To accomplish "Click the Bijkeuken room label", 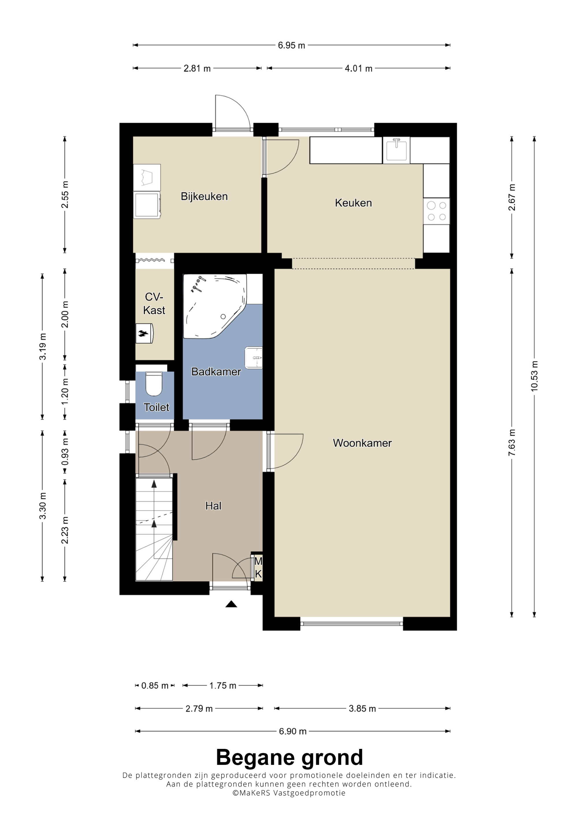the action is (204, 196).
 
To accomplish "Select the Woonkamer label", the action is (362, 443).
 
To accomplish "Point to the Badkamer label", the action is (216, 372).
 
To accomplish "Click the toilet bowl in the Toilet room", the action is (154, 383).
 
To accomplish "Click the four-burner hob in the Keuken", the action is (436, 211).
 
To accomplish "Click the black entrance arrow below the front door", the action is (231, 604).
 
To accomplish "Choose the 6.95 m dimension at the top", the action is (291, 45).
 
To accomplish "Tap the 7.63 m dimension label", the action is (512, 443).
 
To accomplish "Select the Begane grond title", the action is (289, 757).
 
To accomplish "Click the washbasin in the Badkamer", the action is (253, 358).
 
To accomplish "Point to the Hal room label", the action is (213, 506).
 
